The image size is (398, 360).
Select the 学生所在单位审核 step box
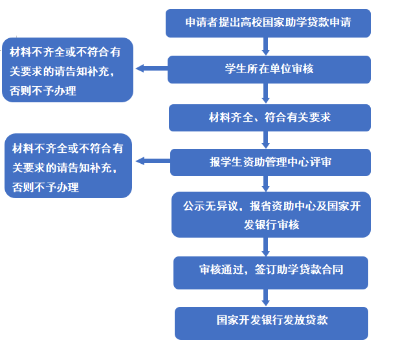(269, 69)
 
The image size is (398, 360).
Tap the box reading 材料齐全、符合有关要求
(270, 118)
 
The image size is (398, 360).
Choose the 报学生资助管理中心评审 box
(271, 163)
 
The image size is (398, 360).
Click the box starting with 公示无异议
(271, 214)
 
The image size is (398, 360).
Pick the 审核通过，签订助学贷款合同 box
(271, 272)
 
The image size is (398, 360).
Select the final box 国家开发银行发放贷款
(272, 322)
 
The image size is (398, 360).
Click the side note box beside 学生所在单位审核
(67, 70)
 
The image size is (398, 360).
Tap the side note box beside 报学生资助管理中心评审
(68, 166)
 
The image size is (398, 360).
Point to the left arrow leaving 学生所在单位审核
(151, 68)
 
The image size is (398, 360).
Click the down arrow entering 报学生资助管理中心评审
(265, 140)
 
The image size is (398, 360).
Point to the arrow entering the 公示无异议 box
(265, 184)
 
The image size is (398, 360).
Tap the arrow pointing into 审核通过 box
(265, 247)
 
